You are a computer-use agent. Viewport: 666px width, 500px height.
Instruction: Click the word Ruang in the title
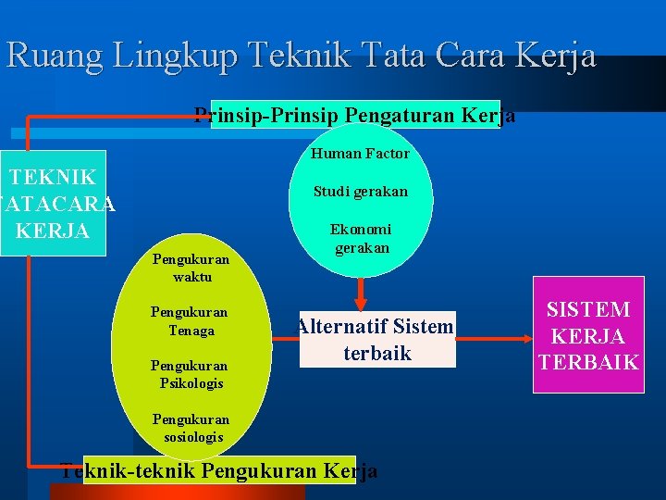click(x=55, y=56)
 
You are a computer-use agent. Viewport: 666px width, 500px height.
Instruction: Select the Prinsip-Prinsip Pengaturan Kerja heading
click(x=355, y=115)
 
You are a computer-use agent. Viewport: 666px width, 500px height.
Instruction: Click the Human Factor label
click(x=360, y=154)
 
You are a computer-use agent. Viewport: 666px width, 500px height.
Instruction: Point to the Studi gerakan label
click(x=360, y=192)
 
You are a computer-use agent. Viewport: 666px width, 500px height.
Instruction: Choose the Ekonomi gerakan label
click(x=362, y=239)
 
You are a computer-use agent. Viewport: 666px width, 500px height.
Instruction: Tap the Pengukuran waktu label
click(x=191, y=269)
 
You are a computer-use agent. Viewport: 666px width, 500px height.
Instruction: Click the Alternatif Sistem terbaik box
click(x=376, y=340)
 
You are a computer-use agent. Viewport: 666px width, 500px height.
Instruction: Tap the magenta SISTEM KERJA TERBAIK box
click(x=587, y=335)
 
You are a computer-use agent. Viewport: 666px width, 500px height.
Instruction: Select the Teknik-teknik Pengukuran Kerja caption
click(x=218, y=470)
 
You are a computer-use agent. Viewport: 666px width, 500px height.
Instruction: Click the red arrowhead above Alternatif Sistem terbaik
click(x=362, y=300)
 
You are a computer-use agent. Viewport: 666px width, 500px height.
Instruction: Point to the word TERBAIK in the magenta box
click(x=587, y=362)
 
